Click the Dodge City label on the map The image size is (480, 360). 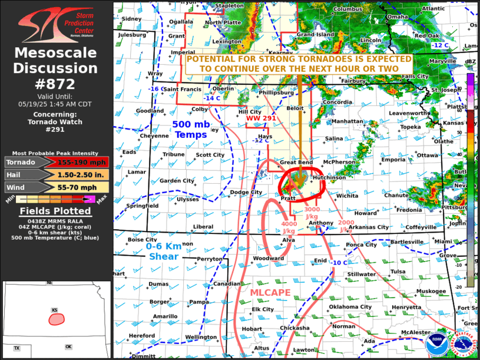pos(246,192)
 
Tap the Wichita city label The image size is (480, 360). pos(347,196)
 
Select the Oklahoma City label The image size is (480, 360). pos(350,306)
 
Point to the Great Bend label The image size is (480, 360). pos(296,162)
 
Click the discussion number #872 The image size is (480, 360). pos(55,84)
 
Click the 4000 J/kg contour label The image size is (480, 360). pos(289,227)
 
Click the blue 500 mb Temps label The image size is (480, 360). pos(190,130)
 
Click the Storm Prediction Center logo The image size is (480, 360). pos(55,23)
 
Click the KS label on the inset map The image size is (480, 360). pos(55,310)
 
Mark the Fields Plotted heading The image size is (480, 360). pos(55,211)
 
